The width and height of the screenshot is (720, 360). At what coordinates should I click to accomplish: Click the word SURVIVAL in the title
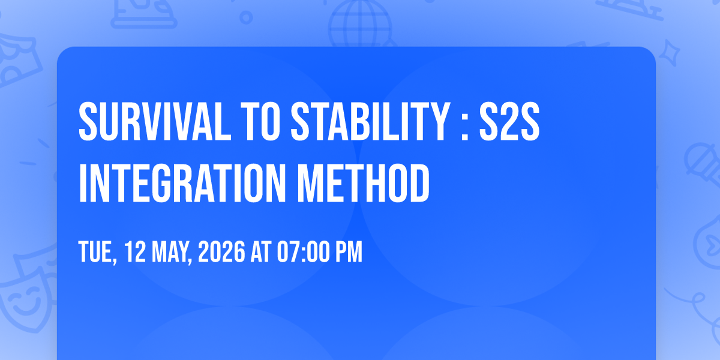pos(155,121)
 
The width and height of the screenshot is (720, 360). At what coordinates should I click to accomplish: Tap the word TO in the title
pos(260,121)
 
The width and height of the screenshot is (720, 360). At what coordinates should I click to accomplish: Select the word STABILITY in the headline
pos(370,121)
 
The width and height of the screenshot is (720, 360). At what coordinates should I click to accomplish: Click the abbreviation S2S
pos(509,121)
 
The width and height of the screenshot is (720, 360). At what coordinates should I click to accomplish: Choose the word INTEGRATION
pos(182,183)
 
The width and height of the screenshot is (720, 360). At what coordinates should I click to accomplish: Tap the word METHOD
pos(363,183)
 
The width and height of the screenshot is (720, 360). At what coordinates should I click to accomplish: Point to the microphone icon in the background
pos(703,164)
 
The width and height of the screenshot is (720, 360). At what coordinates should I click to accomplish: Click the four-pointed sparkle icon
pos(670,53)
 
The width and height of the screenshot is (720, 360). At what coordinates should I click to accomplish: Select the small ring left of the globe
pos(246,17)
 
